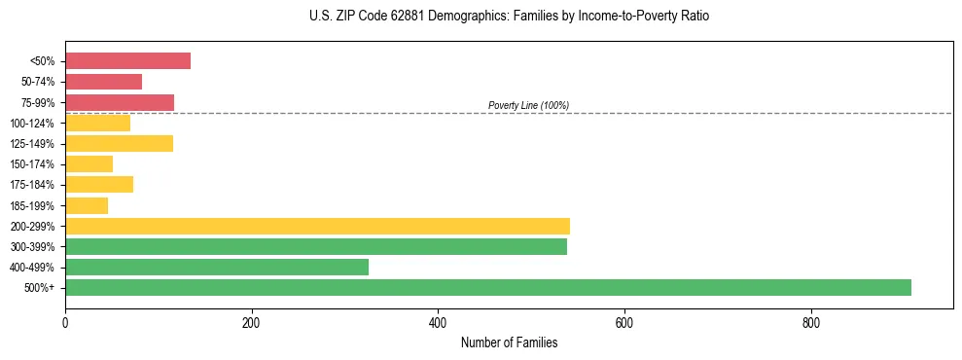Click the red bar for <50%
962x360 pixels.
point(127,61)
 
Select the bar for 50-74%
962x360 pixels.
point(103,82)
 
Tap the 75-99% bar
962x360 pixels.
point(120,102)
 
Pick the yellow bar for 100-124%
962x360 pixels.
point(97,123)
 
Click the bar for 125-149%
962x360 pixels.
point(119,143)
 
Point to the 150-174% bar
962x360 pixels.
point(89,163)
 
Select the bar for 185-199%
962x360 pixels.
point(87,205)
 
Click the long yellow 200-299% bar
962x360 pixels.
point(317,226)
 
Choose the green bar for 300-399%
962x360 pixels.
point(316,246)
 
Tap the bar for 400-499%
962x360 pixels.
point(217,267)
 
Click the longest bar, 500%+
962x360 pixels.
point(488,287)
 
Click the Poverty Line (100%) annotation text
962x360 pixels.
point(528,105)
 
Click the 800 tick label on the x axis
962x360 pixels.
point(810,323)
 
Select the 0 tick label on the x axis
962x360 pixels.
point(65,323)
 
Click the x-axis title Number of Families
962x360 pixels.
point(509,342)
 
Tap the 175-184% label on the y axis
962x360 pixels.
point(32,185)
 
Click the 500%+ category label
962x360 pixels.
point(41,288)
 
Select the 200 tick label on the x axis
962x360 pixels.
point(251,323)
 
